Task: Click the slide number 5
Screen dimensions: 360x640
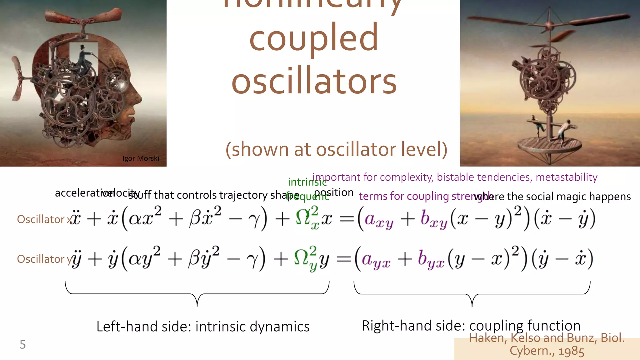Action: click(x=22, y=344)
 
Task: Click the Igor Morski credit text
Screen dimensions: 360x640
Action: click(x=141, y=158)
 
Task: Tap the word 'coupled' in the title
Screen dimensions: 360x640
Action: click(x=314, y=37)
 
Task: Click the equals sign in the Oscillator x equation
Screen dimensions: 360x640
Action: click(x=346, y=219)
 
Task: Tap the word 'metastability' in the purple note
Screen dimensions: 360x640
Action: click(x=566, y=177)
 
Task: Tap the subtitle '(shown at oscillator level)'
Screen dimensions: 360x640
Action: click(x=337, y=149)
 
